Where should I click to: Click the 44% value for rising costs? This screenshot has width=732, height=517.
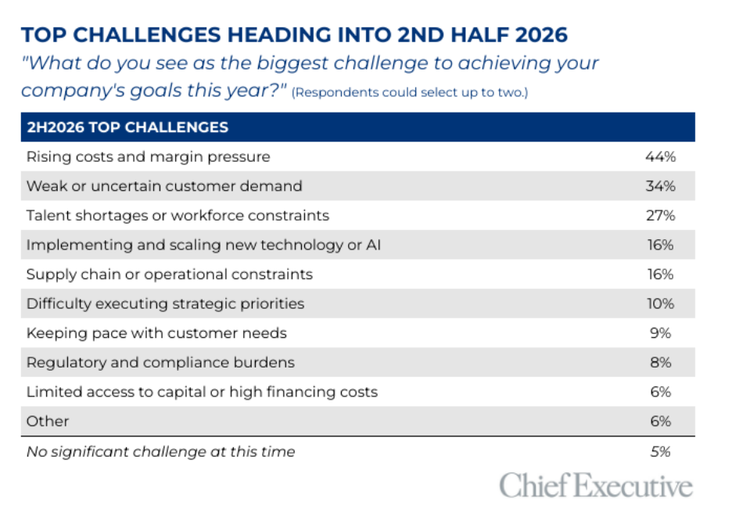click(x=661, y=156)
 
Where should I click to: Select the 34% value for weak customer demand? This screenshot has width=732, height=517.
click(x=661, y=186)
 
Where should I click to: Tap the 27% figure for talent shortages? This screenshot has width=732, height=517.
click(x=661, y=215)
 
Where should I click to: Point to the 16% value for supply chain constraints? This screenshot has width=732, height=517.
click(x=661, y=275)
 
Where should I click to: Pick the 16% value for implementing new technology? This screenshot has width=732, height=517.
click(x=661, y=245)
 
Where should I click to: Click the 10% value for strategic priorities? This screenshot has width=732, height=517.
click(x=661, y=303)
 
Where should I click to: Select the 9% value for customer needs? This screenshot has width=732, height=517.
click(x=661, y=333)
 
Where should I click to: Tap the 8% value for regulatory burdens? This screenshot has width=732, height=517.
click(x=661, y=362)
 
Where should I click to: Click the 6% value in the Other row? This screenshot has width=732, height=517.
click(x=661, y=422)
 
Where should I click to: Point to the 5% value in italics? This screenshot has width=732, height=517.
click(x=661, y=451)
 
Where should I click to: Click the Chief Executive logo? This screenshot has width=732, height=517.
click(x=596, y=485)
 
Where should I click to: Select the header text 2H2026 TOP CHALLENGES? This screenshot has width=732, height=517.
click(x=127, y=127)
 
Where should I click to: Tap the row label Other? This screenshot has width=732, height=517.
click(x=48, y=422)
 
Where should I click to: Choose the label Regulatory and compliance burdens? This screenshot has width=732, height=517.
click(x=160, y=363)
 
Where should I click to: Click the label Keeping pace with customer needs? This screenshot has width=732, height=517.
click(x=156, y=333)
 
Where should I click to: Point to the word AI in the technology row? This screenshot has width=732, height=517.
click(x=374, y=245)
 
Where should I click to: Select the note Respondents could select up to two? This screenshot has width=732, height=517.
click(x=410, y=92)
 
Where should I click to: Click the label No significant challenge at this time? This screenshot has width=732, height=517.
click(x=160, y=452)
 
